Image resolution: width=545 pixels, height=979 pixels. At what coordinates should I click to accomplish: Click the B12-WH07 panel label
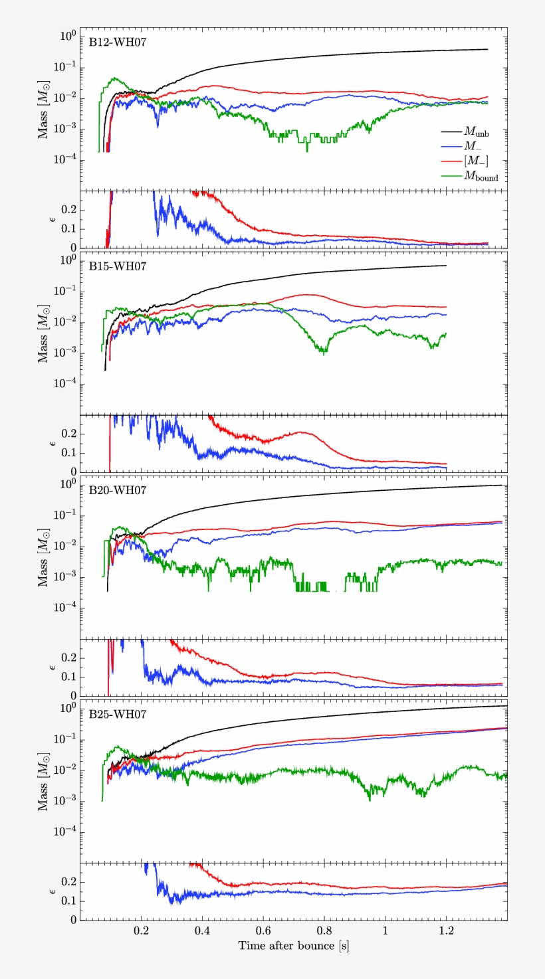pos(118,41)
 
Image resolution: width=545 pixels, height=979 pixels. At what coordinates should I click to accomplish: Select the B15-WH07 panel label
pos(118,266)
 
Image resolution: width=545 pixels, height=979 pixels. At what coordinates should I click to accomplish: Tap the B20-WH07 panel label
pos(118,490)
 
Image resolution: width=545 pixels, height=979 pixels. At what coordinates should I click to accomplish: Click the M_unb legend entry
pos(477,133)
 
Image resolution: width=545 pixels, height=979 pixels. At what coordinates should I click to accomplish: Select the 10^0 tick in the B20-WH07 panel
pos(67,484)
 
